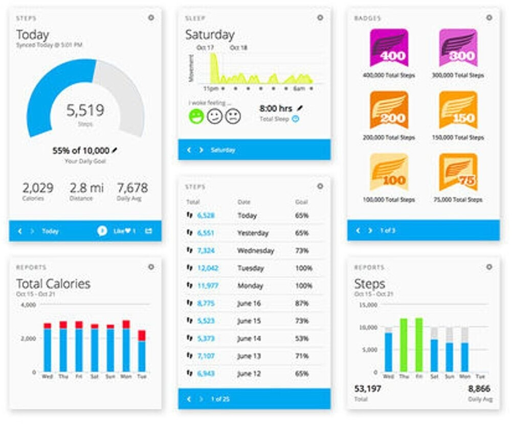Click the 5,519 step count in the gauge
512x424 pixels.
click(85, 110)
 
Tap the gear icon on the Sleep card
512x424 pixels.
click(320, 18)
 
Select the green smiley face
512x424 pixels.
click(196, 116)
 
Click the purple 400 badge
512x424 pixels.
click(389, 48)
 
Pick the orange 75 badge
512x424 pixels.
click(458, 172)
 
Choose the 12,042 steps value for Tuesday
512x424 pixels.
click(208, 268)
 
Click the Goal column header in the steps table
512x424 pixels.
click(301, 202)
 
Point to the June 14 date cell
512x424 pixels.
click(249, 339)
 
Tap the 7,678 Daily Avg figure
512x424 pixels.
click(132, 187)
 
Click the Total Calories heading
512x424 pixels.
click(53, 284)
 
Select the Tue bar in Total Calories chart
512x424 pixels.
click(142, 350)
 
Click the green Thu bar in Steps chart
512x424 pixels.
click(404, 345)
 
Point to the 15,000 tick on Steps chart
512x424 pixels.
click(368, 305)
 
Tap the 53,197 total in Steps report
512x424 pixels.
click(367, 389)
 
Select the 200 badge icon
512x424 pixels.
click(389, 110)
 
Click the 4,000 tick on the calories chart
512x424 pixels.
click(28, 305)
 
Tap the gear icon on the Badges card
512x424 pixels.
click(489, 18)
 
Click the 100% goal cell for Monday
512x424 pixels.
click(302, 286)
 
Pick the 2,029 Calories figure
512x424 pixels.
click(38, 187)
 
